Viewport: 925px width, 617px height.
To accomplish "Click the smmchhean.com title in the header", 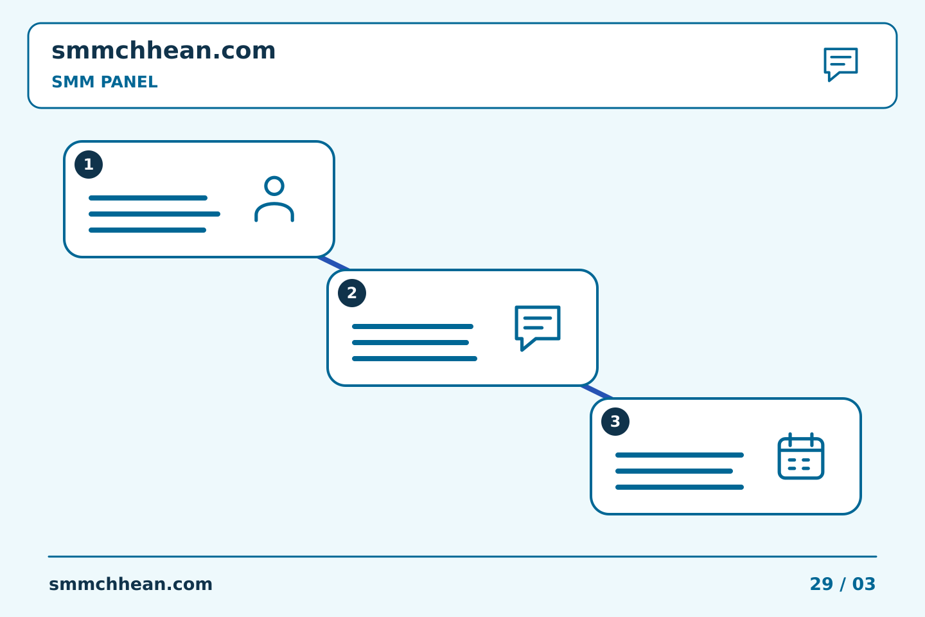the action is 164,50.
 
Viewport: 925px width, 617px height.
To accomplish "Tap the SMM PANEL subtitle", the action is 105,82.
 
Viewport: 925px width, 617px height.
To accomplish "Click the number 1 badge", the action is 89,165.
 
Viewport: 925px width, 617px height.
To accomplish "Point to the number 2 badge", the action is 352,293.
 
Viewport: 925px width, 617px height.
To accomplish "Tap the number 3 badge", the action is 615,422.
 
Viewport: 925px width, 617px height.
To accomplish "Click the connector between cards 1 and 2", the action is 333,264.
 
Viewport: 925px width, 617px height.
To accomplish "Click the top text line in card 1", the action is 148,198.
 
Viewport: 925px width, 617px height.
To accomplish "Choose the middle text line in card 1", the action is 154,214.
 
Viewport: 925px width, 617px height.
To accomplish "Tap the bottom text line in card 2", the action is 414,359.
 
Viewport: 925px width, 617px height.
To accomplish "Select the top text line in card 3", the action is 680,455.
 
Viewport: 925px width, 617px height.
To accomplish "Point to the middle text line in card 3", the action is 674,471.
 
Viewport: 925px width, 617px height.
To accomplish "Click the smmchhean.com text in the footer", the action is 130,584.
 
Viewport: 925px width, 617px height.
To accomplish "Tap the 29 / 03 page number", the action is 842,584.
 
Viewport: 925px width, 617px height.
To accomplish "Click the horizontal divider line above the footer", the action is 463,557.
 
